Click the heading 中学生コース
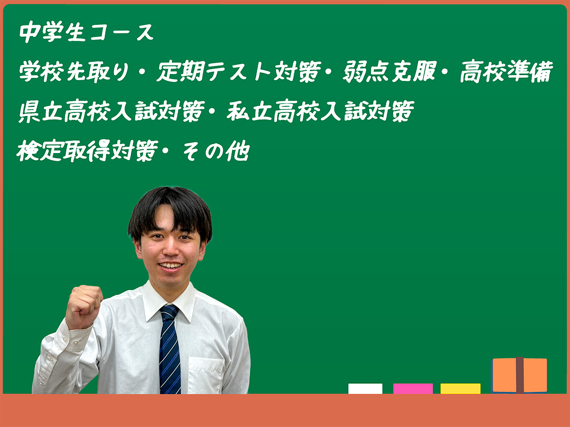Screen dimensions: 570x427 [86, 32]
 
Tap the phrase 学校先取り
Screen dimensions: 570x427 [74, 71]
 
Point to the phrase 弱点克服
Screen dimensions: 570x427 [389, 71]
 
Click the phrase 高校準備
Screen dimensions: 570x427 [506, 71]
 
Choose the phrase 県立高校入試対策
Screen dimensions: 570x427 [112, 111]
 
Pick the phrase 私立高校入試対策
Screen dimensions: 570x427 [320, 111]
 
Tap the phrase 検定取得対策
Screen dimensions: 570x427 [88, 151]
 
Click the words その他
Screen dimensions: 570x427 [216, 151]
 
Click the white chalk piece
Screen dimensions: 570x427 [365, 389]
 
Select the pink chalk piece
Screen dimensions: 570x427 [413, 389]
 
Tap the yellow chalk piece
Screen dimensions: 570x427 [460, 389]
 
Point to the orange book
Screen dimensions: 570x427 [519, 375]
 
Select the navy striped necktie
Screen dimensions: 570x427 [170, 349]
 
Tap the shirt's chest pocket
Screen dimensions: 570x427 [205, 375]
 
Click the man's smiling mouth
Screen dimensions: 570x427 [171, 266]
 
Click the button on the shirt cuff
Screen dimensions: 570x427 [75, 342]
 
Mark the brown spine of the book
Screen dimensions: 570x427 [520, 375]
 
